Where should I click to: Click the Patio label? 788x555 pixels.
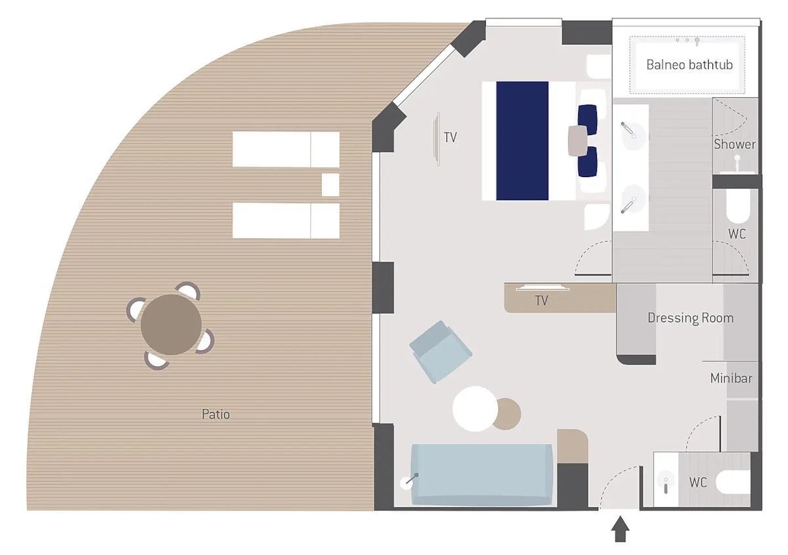215,414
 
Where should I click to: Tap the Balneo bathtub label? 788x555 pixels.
689,65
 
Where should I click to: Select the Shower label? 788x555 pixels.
735,144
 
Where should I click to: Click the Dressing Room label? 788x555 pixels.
691,318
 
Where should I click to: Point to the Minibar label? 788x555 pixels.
731,379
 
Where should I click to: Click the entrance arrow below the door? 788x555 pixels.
620,529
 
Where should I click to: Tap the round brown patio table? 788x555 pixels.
171,325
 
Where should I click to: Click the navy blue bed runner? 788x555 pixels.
522,141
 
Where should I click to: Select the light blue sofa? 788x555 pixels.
481,474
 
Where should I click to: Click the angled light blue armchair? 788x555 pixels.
441,352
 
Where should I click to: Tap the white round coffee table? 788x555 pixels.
475,409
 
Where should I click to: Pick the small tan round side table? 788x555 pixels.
508,414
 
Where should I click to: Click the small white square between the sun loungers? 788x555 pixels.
330,185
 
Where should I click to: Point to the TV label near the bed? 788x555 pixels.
450,137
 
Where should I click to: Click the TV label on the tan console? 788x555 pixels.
541,300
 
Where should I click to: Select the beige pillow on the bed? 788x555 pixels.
578,141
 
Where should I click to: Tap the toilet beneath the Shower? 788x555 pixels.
738,207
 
